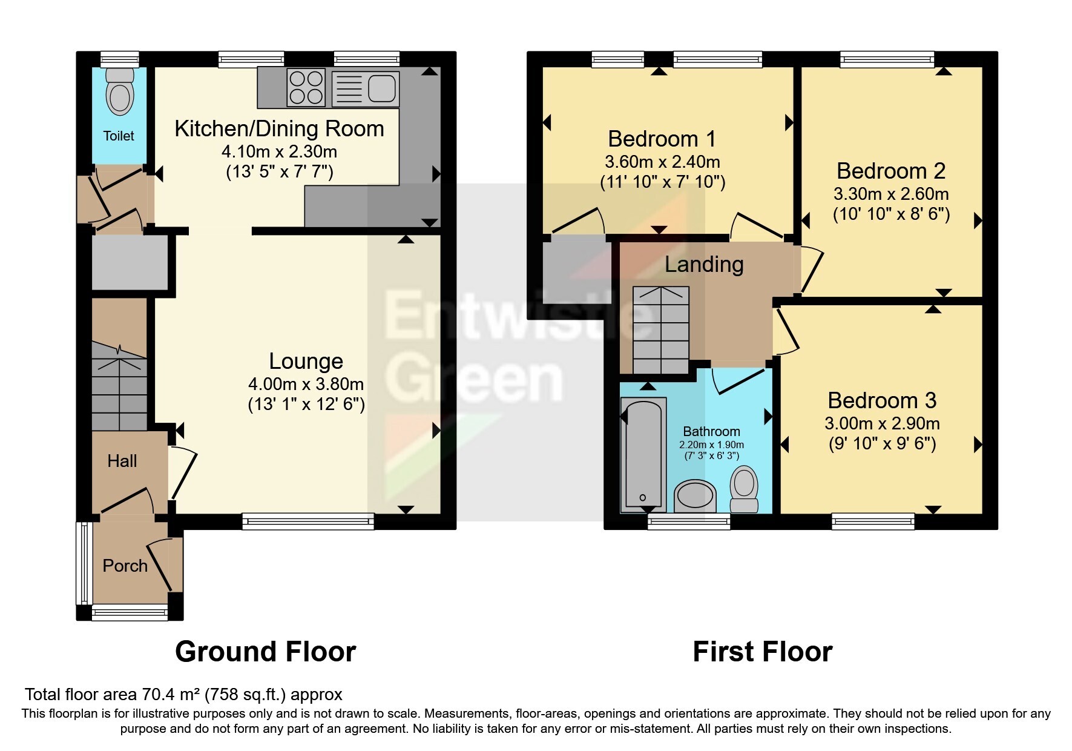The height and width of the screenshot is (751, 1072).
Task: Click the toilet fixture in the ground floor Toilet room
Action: coord(119,92)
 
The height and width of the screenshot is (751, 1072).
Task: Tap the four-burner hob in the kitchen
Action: coord(306,88)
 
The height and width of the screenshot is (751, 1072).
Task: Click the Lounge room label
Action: coord(306,361)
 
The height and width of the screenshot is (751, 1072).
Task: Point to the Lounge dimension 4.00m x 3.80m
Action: coord(306,384)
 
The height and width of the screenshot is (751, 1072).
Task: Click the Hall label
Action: coord(122,461)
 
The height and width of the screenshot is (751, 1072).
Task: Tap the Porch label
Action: coord(125,566)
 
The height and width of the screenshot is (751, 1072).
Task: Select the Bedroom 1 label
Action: coord(662,139)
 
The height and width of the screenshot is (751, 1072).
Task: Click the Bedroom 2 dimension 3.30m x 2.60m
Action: coord(890,194)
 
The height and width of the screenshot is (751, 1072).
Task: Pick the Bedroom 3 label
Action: coord(881,400)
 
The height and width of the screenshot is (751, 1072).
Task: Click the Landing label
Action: coord(703,264)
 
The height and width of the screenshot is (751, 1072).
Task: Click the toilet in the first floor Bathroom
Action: coord(744,488)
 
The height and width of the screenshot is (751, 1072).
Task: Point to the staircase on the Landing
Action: coord(660,330)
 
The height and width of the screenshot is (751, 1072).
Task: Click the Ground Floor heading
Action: coord(265,652)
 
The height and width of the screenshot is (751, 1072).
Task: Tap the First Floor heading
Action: coord(762,652)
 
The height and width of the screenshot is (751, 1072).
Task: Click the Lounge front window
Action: coord(308,521)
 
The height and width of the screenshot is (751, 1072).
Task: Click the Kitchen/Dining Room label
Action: coord(279,128)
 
